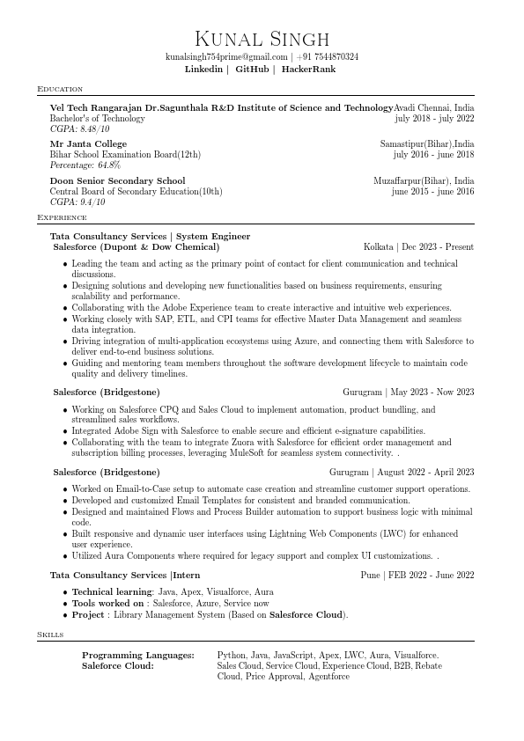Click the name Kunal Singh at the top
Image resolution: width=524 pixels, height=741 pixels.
click(x=262, y=39)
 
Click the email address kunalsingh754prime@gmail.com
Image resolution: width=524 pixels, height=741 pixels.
click(x=226, y=57)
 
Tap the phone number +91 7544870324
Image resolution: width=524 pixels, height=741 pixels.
click(x=328, y=57)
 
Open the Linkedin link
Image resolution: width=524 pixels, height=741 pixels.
click(x=203, y=69)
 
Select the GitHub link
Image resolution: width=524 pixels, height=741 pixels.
click(x=252, y=69)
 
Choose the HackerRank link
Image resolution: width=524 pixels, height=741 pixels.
click(x=308, y=69)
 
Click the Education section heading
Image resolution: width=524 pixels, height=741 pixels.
click(x=60, y=89)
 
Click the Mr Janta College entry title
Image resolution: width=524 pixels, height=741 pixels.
click(x=88, y=143)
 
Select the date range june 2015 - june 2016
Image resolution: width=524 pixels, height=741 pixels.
click(x=432, y=191)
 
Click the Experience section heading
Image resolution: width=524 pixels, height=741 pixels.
click(x=62, y=217)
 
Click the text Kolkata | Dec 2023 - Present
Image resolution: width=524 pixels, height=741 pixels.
click(x=418, y=247)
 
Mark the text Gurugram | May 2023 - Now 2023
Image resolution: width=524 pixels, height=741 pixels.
click(x=409, y=392)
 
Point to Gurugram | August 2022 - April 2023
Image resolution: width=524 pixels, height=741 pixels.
click(x=401, y=473)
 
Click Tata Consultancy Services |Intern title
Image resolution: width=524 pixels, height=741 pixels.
click(x=125, y=575)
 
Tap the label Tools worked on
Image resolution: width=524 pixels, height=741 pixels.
click(x=107, y=604)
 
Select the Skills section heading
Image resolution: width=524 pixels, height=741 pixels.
click(x=50, y=635)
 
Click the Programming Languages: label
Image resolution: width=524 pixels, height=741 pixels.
click(x=138, y=656)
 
